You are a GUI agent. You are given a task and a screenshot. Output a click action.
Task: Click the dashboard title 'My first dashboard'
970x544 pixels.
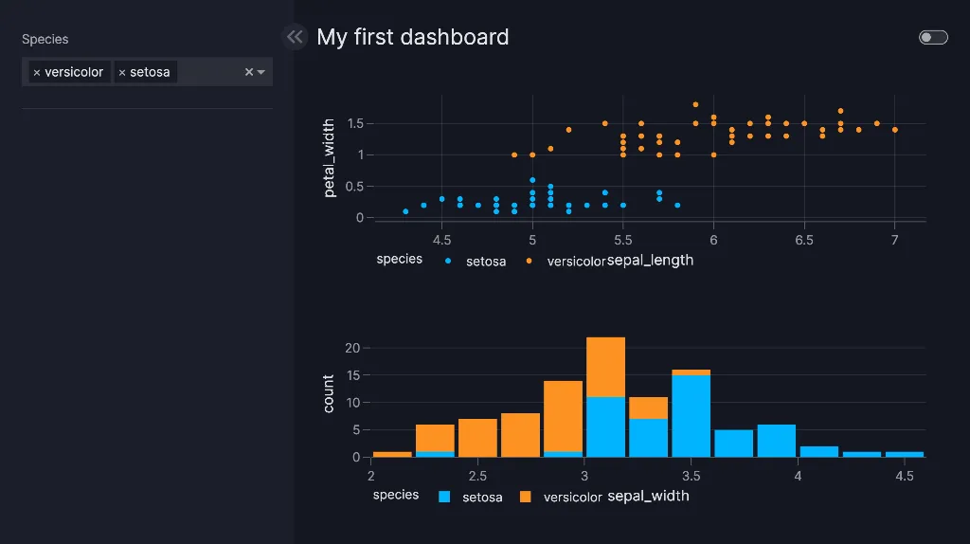coord(412,37)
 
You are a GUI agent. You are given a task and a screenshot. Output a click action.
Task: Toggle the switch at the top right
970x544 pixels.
coord(933,37)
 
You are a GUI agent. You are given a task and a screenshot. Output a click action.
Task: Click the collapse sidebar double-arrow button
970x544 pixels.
coord(295,37)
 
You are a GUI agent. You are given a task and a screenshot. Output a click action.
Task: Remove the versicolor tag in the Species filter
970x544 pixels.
coord(37,72)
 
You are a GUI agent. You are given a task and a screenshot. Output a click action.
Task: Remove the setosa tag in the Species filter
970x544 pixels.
coord(122,72)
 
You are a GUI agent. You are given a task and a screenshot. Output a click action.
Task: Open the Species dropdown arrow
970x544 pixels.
coord(261,72)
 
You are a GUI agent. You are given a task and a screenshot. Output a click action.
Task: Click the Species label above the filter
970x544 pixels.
coord(45,39)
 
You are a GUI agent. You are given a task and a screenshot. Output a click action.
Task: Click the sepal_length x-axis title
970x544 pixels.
coord(650,260)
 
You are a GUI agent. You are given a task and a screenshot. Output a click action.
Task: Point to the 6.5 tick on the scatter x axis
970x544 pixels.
coord(804,240)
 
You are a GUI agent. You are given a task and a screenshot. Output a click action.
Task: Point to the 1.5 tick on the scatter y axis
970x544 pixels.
coord(355,123)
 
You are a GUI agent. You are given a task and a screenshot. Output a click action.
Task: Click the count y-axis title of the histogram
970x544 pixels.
coord(329,393)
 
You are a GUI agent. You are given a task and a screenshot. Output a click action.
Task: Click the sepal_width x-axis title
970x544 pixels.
coord(648,496)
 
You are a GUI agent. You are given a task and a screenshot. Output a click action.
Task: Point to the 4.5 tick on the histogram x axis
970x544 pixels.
coord(904,475)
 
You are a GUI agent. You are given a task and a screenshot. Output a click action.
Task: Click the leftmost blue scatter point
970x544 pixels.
coord(405,211)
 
